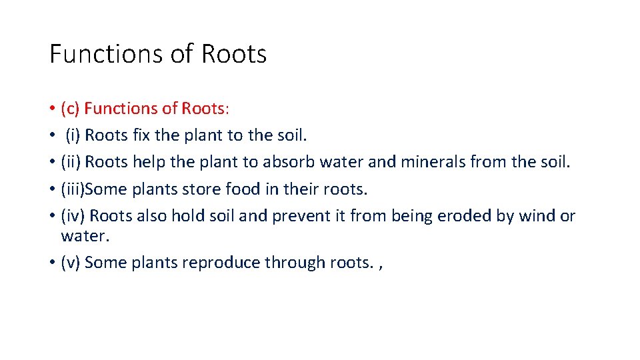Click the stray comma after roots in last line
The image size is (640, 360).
point(380,265)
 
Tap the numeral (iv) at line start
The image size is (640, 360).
point(72,216)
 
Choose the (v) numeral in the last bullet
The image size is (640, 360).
point(70,263)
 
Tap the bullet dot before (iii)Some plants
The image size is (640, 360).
point(51,189)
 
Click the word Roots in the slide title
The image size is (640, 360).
point(234,53)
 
